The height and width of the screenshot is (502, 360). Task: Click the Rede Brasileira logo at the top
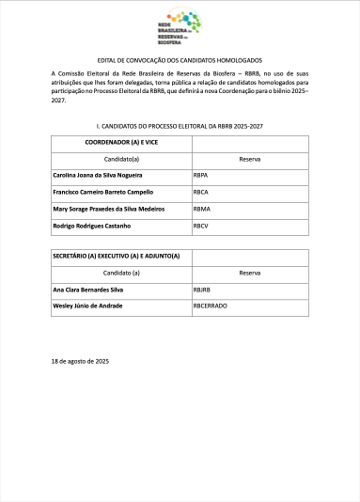coord(179,28)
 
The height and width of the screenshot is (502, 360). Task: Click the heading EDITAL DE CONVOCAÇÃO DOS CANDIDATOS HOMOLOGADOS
coord(180,59)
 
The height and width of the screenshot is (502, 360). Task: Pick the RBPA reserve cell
coord(200,176)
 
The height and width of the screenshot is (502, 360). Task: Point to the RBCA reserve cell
coord(200,192)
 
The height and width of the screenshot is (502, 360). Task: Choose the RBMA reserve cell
coord(201,209)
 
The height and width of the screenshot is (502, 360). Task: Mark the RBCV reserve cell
coord(200,226)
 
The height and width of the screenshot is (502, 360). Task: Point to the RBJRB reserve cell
coord(202,290)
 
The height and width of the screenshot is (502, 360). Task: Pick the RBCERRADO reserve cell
coord(210,306)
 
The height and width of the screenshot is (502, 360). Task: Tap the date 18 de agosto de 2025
coord(81,361)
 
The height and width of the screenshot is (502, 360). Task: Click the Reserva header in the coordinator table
coord(250,159)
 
